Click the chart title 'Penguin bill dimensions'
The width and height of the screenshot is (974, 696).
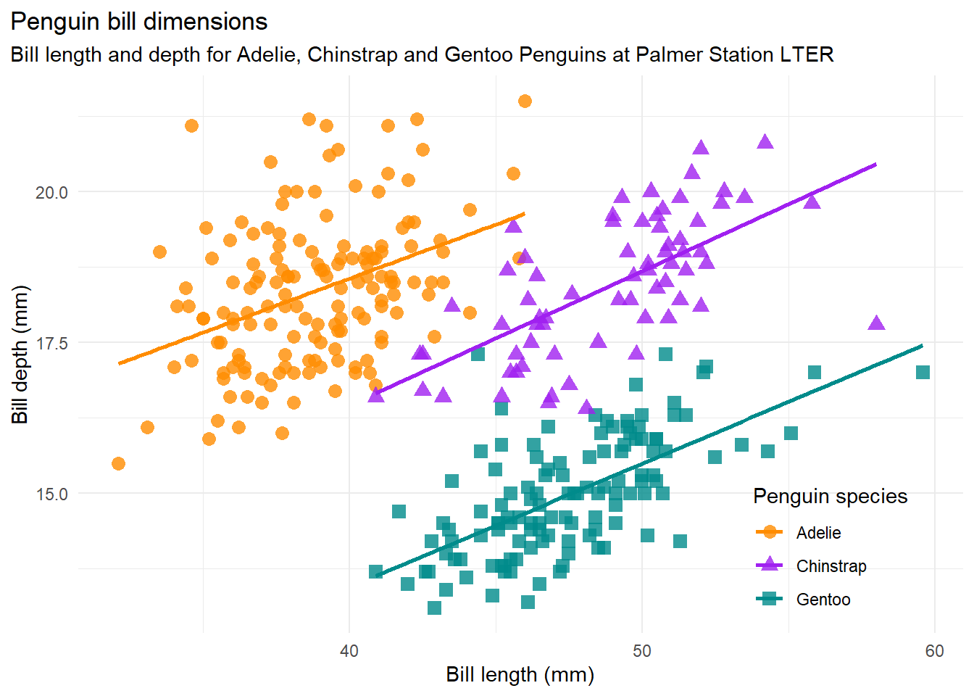click(x=138, y=22)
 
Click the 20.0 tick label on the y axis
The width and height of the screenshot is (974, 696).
click(x=51, y=192)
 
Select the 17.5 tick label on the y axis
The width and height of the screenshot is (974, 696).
click(x=51, y=343)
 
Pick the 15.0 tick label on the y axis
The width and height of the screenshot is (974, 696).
click(x=51, y=494)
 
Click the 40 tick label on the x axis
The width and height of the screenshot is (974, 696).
click(x=349, y=651)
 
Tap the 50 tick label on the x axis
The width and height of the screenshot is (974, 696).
click(x=642, y=651)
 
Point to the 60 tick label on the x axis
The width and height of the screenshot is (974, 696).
click(x=935, y=651)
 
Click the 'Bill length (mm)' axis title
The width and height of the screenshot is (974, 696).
click(x=520, y=675)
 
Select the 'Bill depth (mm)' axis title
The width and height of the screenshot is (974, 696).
click(x=20, y=355)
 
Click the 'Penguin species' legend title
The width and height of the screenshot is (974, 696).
click(x=830, y=497)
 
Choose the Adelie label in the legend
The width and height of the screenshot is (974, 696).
click(x=818, y=533)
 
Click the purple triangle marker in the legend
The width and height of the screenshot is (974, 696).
click(x=769, y=565)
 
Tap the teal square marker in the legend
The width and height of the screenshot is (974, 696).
click(x=769, y=599)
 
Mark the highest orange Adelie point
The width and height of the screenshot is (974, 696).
click(x=525, y=101)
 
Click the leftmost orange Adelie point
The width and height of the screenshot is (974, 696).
click(x=118, y=463)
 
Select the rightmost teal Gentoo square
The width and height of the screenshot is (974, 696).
click(x=923, y=372)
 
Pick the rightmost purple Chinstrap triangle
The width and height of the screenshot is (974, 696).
click(x=876, y=323)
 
